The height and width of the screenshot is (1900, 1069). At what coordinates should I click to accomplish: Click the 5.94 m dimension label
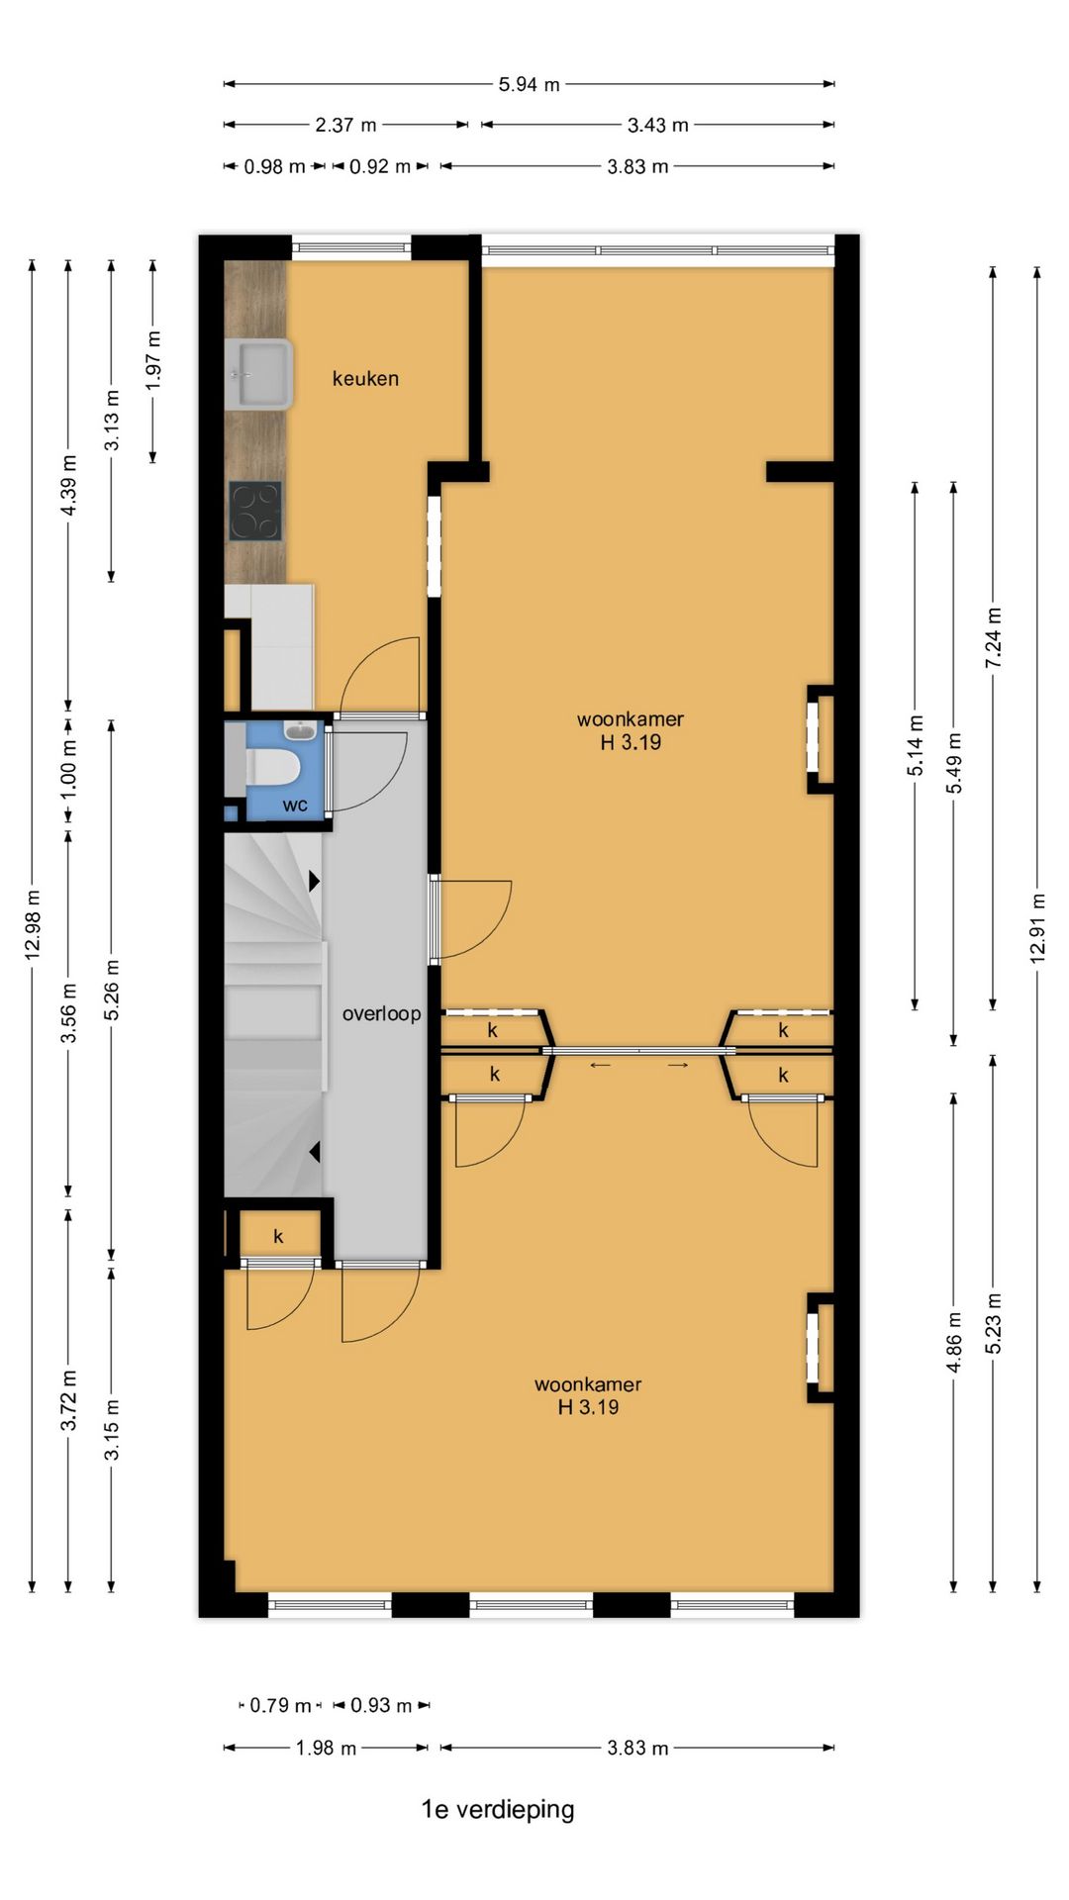click(529, 85)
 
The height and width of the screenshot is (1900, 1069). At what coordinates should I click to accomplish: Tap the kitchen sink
click(259, 374)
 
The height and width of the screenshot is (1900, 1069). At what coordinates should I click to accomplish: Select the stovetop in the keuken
click(255, 511)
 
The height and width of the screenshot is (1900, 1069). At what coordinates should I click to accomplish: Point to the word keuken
click(365, 378)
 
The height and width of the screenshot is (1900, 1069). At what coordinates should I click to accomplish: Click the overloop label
click(381, 1013)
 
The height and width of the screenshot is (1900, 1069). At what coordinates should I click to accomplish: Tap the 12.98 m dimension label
click(33, 924)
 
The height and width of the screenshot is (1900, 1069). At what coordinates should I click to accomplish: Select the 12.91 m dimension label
click(1036, 928)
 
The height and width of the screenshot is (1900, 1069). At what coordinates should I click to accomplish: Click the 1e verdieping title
click(498, 1809)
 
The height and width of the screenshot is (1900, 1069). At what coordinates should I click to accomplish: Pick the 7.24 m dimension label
click(993, 637)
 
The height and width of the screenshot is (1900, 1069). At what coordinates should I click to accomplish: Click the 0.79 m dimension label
click(280, 1705)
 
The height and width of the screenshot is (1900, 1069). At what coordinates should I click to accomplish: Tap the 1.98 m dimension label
click(326, 1748)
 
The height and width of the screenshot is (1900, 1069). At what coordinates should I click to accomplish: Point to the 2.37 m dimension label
click(345, 126)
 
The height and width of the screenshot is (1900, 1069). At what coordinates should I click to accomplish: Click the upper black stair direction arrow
click(314, 880)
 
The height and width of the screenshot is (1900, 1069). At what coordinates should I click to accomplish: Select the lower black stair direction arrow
click(314, 1152)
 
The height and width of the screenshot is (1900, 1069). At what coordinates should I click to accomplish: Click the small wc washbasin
click(300, 731)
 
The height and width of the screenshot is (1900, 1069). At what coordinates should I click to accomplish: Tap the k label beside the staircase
click(278, 1236)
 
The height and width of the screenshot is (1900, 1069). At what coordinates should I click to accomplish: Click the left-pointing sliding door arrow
click(601, 1065)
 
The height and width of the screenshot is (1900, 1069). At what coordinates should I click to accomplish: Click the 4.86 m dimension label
click(953, 1342)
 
